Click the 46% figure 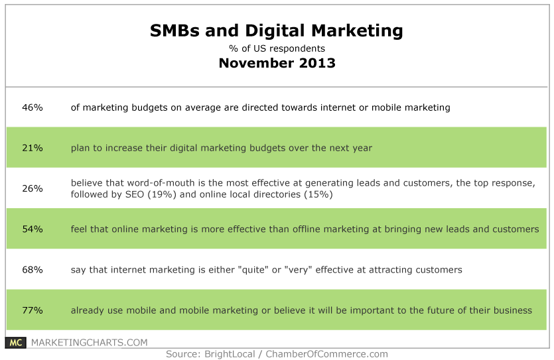33,107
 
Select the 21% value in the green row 33,148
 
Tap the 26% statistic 33,188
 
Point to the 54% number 33,229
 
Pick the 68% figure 33,270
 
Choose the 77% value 33,310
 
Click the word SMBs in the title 175,30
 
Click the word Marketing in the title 357,31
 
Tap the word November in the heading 256,63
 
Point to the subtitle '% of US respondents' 277,48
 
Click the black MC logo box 15,342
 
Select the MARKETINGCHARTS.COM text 90,342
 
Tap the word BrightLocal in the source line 230,354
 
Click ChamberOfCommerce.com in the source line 327,354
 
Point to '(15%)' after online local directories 318,194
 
